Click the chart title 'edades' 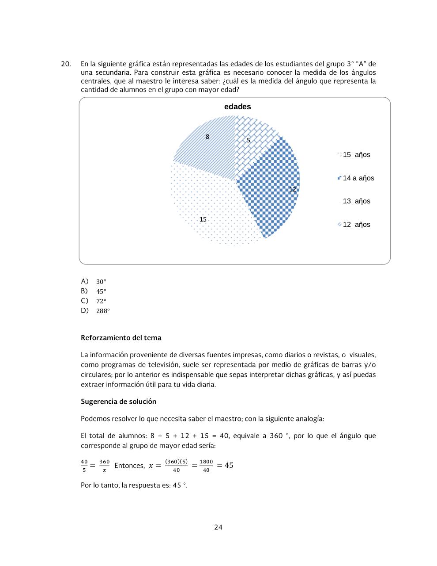pyautogui.click(x=237, y=107)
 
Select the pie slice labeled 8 pyautogui.click(x=205, y=141)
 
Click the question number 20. pyautogui.click(x=66, y=64)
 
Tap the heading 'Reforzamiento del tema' pyautogui.click(x=121, y=338)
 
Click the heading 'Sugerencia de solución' pyautogui.click(x=118, y=402)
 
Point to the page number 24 pyautogui.click(x=218, y=527)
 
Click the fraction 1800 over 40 pyautogui.click(x=206, y=466)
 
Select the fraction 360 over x pyautogui.click(x=104, y=466)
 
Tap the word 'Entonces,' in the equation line pyautogui.click(x=129, y=466)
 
